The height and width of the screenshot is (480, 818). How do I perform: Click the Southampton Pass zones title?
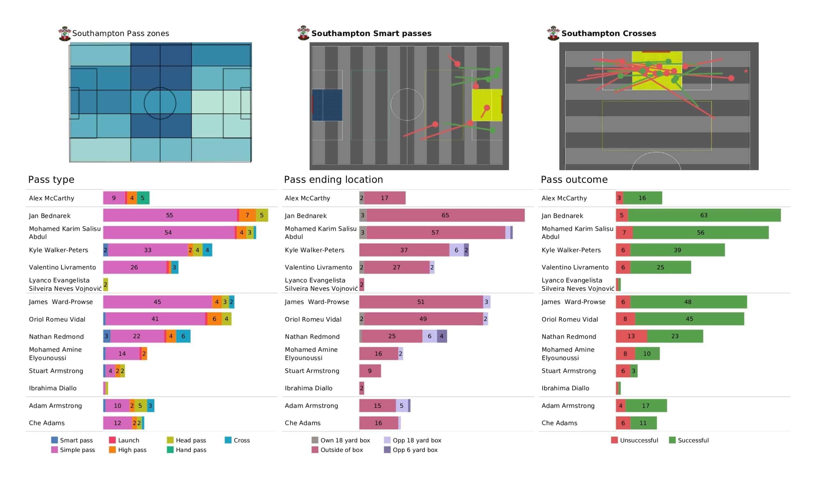coord(120,34)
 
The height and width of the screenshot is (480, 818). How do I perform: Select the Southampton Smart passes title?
coord(371,34)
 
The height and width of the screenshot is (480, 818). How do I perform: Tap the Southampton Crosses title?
coord(609,34)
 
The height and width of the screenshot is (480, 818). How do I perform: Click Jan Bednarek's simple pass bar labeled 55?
coord(170,215)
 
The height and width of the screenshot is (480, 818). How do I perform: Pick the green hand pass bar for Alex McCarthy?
coord(143,198)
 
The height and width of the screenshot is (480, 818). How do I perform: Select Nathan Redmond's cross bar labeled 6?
coord(183,336)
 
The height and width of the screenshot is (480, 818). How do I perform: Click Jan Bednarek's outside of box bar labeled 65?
coord(445,215)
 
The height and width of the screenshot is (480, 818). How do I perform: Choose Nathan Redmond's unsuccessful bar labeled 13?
coord(631,336)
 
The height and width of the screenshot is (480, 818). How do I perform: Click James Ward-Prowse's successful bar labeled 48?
coord(688,302)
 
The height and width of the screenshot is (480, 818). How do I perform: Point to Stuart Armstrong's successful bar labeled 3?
coord(634,371)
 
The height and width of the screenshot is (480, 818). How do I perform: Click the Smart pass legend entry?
coord(72,440)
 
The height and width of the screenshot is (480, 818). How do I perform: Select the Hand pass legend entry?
coord(187,450)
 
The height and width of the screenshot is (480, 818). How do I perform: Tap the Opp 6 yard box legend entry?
coord(411,450)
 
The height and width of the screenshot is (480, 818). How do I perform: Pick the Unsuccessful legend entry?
coord(635,440)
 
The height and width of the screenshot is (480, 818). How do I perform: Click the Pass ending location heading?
coord(333,179)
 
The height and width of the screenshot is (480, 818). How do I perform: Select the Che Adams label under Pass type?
coord(47,423)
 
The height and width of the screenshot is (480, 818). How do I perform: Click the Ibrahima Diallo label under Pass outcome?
coord(565,388)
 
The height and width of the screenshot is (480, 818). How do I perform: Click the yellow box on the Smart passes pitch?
coord(487,105)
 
